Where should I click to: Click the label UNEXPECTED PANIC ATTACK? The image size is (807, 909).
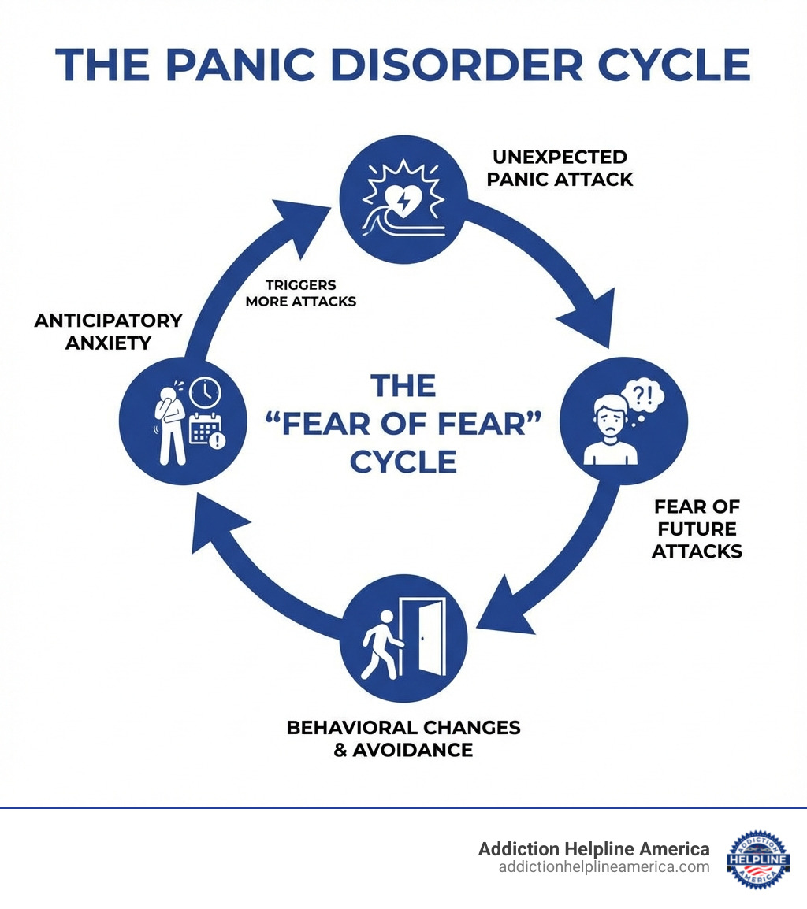[x=560, y=168]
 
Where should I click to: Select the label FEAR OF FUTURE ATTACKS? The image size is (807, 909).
[x=697, y=529]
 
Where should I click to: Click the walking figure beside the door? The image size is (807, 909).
[x=378, y=644]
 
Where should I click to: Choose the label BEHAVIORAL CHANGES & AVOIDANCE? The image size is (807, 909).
[x=403, y=738]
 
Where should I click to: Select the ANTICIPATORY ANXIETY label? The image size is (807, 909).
[x=109, y=332]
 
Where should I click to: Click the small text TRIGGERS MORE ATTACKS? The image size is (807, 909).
[x=300, y=293]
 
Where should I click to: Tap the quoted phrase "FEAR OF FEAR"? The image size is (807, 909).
[x=403, y=424]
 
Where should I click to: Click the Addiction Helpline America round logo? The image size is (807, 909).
[x=757, y=858]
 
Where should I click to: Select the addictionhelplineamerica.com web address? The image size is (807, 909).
[x=604, y=867]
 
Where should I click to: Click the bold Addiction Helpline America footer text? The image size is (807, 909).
[x=593, y=849]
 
